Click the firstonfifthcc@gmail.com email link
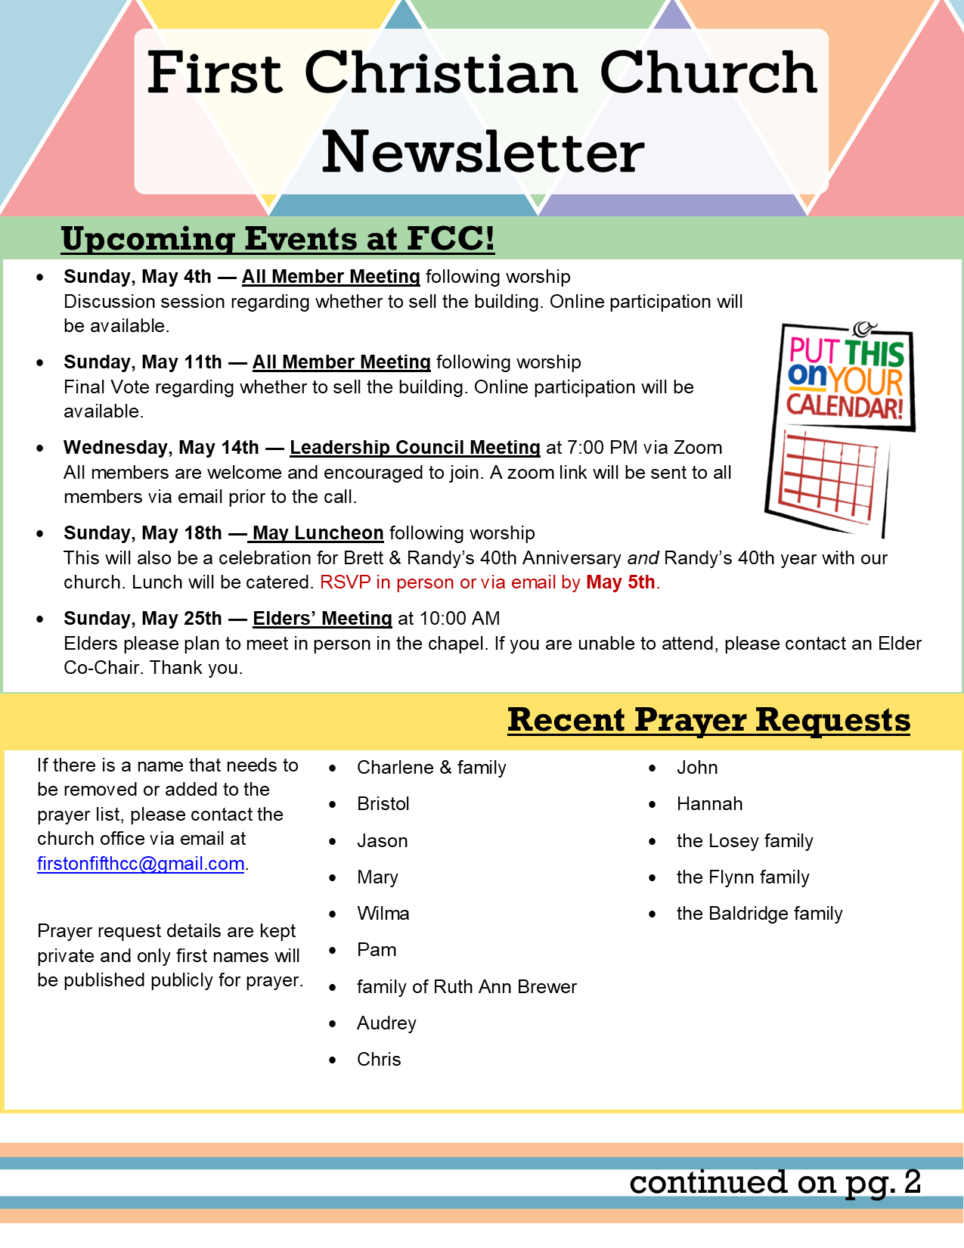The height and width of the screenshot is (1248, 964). point(141,864)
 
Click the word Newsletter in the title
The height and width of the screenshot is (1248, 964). point(482,152)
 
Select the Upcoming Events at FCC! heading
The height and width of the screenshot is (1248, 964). point(277,239)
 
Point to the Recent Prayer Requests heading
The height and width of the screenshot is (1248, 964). point(708,720)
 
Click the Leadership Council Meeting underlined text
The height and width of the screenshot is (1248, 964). point(414,448)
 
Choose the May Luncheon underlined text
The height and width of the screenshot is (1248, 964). point(318,533)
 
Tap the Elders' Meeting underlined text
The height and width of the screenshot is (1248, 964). point(322,619)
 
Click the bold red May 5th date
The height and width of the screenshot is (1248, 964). point(620,582)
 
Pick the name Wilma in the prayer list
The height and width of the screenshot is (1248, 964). point(383,914)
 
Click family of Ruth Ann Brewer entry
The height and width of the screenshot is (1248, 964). point(467,987)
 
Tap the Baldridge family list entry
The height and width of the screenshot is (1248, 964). point(759,914)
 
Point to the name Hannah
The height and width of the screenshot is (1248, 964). point(709,804)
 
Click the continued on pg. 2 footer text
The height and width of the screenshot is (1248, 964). point(774,1182)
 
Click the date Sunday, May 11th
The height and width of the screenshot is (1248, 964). point(143,362)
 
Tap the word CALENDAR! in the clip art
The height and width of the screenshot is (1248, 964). point(845,406)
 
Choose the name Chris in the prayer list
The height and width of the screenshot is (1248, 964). point(379,1060)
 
